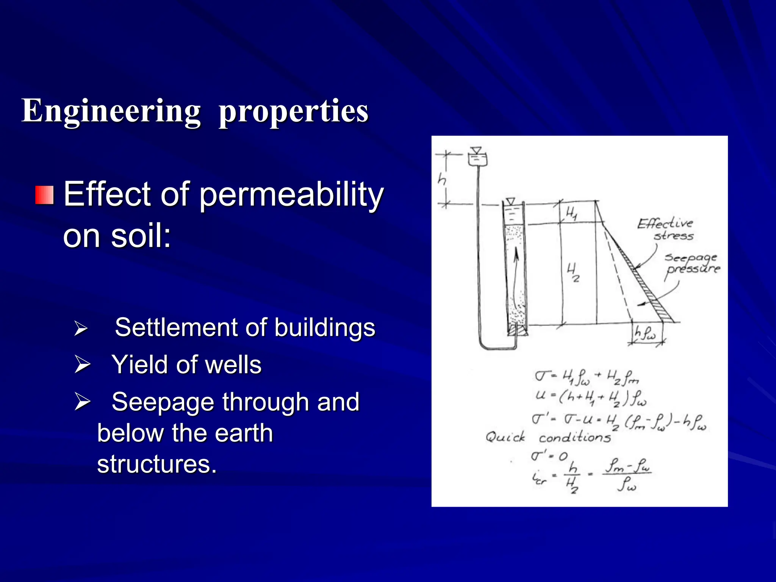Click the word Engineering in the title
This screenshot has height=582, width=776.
click(111, 111)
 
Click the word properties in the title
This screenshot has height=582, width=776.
click(293, 111)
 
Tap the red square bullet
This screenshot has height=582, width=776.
click(45, 195)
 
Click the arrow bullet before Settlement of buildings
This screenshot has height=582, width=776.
click(81, 328)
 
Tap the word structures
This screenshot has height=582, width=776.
click(156, 464)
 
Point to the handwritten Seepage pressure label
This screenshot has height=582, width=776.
click(692, 263)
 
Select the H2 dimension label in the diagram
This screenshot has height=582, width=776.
click(573, 273)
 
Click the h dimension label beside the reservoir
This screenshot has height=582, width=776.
click(442, 178)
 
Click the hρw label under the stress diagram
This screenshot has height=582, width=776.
click(645, 333)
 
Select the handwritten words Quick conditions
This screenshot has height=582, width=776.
click(548, 438)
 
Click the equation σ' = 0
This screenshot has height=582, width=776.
click(549, 456)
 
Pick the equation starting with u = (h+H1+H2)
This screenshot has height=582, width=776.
click(591, 398)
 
